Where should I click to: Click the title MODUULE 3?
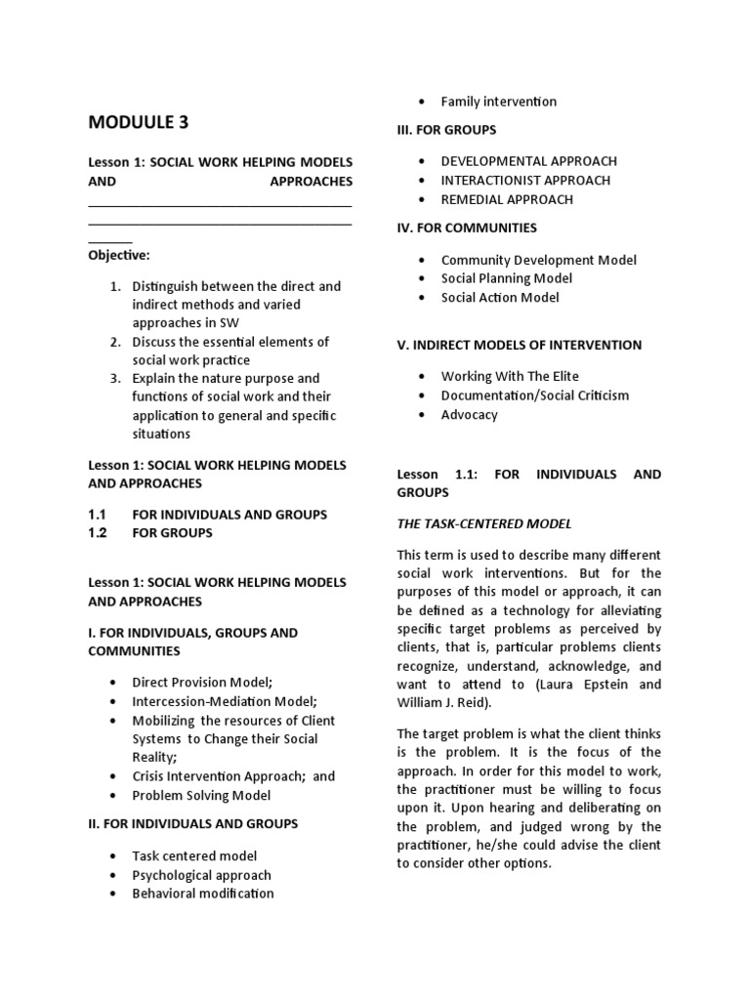139,122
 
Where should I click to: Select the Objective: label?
119,255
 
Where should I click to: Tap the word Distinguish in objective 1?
168,286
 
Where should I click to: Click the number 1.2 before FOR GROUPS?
103,532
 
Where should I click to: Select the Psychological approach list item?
201,875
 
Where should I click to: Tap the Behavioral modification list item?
203,893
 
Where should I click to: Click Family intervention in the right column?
498,101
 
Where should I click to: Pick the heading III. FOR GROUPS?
446,129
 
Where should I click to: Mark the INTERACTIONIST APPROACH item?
525,180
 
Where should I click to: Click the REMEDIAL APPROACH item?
507,199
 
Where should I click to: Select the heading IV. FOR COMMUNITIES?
467,228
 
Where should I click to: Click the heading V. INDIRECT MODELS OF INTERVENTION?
519,345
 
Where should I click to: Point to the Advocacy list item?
469,414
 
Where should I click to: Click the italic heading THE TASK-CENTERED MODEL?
483,523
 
